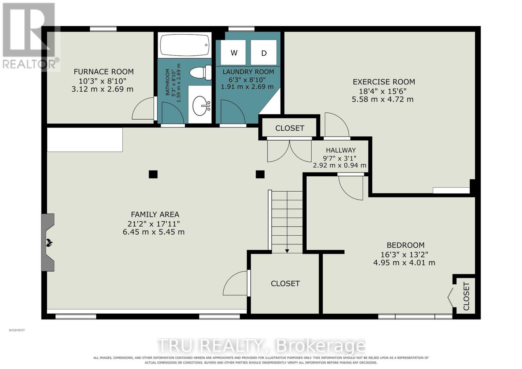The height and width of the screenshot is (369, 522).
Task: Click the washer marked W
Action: tap(233, 52)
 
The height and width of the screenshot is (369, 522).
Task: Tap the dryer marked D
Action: tap(264, 52)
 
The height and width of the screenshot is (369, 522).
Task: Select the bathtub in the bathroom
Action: tap(185, 45)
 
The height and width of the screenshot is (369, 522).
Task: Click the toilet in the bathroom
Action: tap(201, 72)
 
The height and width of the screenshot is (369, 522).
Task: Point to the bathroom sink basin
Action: tap(200, 106)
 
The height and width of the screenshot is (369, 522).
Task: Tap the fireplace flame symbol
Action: tap(49, 243)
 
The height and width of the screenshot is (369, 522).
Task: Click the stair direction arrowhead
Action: tap(287, 251)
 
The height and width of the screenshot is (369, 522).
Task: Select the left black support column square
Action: tap(153, 174)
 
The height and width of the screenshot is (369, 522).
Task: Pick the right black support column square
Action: tap(260, 174)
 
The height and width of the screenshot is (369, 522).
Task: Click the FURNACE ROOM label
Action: tap(104, 72)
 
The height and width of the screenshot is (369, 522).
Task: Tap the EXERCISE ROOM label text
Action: tap(384, 82)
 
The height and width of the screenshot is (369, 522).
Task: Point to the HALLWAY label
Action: tap(341, 150)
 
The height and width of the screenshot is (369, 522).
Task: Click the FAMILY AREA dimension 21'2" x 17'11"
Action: tap(154, 224)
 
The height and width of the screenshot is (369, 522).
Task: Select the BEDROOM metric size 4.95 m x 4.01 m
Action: tap(404, 263)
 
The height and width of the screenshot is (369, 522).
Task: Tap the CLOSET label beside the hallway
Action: tap(290, 128)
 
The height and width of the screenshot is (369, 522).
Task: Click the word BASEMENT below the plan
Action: tap(17, 330)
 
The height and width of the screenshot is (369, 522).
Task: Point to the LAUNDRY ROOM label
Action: tap(248, 72)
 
